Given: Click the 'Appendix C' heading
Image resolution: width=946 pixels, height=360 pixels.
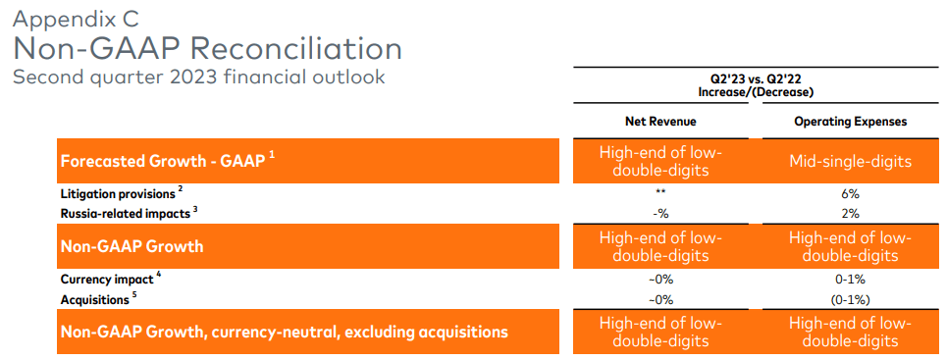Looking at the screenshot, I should click(78, 20).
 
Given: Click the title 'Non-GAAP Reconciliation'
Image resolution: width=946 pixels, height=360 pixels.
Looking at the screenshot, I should click(207, 49).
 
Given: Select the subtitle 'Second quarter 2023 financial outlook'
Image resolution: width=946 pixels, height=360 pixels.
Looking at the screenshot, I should click(198, 77).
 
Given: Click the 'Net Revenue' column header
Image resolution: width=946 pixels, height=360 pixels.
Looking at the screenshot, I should click(660, 122).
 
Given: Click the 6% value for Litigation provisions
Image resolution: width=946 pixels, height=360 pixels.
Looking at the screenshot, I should click(850, 193).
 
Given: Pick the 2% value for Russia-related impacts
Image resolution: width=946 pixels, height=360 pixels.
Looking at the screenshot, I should click(850, 213).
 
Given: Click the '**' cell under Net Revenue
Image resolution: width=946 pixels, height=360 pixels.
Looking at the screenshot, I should click(660, 193).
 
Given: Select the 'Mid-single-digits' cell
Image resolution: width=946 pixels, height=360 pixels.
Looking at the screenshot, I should click(850, 161).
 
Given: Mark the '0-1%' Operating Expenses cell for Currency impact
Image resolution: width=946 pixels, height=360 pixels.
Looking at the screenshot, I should click(850, 280).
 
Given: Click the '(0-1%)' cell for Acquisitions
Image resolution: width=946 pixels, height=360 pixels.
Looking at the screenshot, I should click(850, 298).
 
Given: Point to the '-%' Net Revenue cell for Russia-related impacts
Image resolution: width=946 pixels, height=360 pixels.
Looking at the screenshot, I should click(660, 213).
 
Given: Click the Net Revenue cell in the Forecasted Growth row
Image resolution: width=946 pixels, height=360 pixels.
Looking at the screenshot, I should click(660, 161).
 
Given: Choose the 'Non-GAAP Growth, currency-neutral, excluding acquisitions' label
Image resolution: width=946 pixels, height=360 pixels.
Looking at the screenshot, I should click(284, 332).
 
